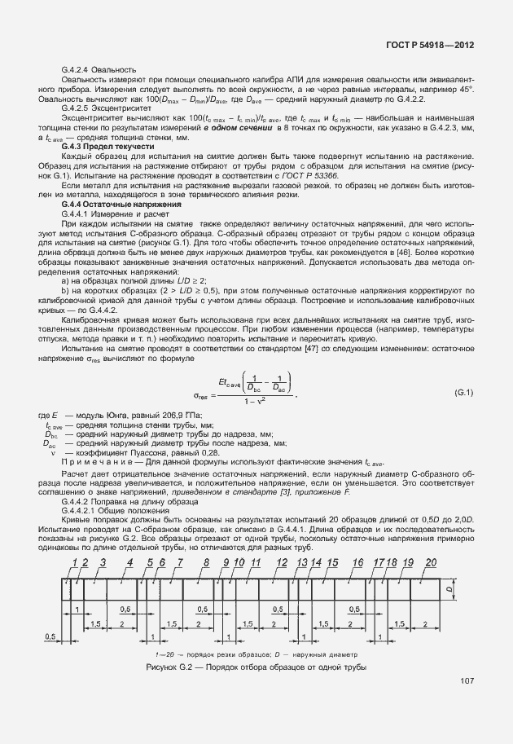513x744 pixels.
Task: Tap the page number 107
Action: (x=467, y=681)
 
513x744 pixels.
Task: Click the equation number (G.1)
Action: (x=463, y=394)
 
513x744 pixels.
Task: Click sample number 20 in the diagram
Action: (x=431, y=563)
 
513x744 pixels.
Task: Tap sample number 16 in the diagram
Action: (x=357, y=563)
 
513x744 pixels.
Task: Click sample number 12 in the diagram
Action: (x=282, y=563)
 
